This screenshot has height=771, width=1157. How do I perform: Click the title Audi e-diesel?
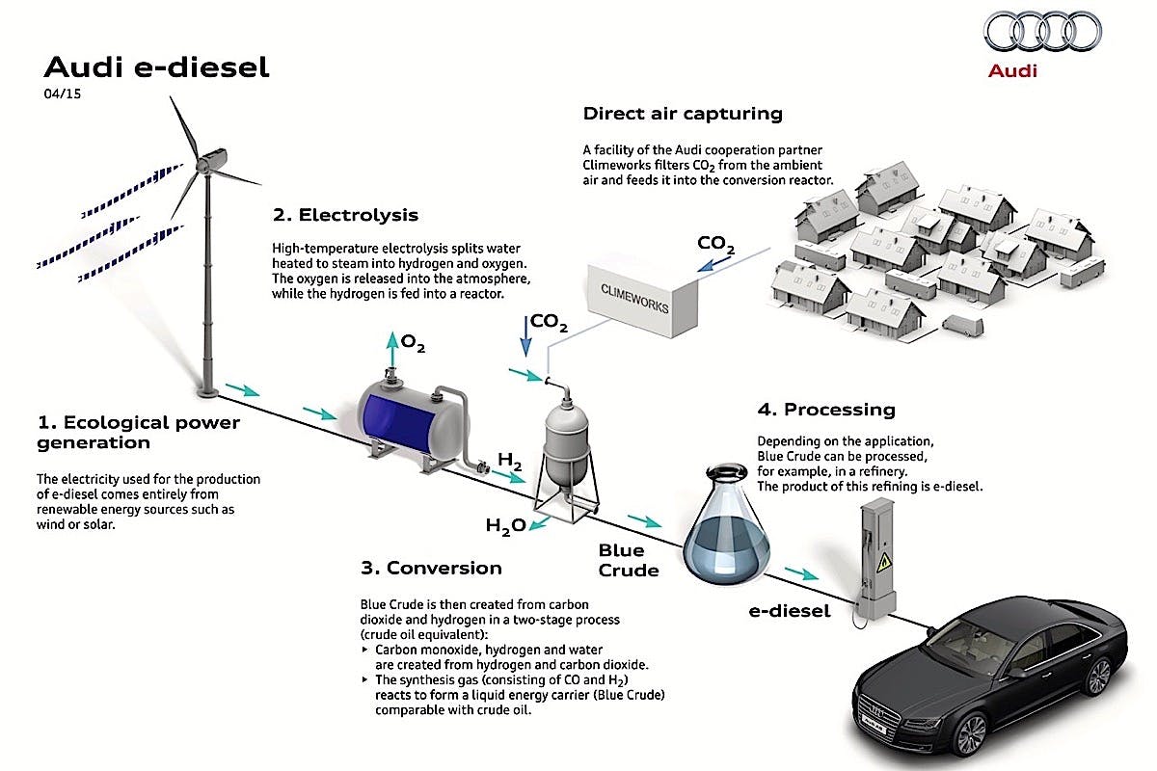coord(157,67)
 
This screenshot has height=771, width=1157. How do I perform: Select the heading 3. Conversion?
coord(430,568)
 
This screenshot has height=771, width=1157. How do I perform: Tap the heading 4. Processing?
coord(826,410)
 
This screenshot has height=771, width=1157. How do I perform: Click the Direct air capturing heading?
coord(683,114)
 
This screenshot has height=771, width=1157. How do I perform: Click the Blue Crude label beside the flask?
coord(628,560)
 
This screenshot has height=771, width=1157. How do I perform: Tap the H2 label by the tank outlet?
coord(510,462)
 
